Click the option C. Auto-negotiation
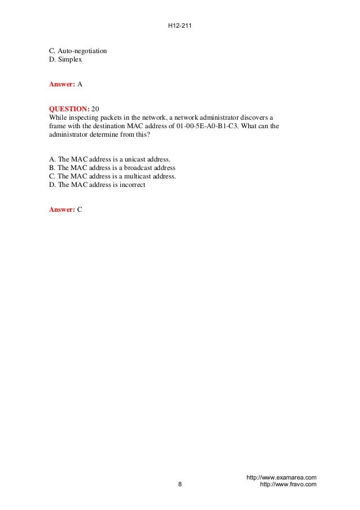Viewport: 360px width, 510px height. (78, 51)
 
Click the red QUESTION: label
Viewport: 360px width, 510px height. (69, 108)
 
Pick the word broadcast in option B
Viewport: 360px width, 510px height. (143, 168)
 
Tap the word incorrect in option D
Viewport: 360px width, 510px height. (131, 184)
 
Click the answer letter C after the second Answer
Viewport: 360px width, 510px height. (80, 209)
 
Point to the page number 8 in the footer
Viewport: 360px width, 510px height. (179, 484)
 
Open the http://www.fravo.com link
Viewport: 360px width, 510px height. (287, 485)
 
